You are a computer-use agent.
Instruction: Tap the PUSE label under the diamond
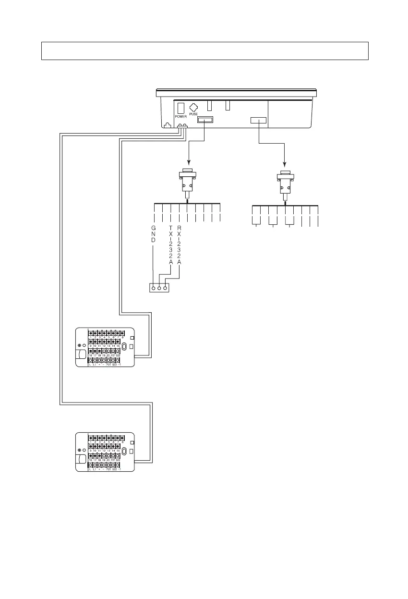coord(193,115)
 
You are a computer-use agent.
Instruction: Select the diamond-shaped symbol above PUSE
coord(193,107)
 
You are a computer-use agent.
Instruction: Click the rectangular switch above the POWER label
coord(180,108)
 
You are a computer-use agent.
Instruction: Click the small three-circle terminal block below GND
coord(159,288)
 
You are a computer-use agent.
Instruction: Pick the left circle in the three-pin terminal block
coord(154,288)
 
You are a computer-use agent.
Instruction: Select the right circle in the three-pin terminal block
coord(165,288)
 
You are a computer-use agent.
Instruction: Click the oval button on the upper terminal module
coord(124,346)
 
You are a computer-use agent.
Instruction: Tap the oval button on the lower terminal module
coord(124,451)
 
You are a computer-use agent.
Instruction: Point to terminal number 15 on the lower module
coord(118,450)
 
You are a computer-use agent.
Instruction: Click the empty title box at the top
coord(204,50)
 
